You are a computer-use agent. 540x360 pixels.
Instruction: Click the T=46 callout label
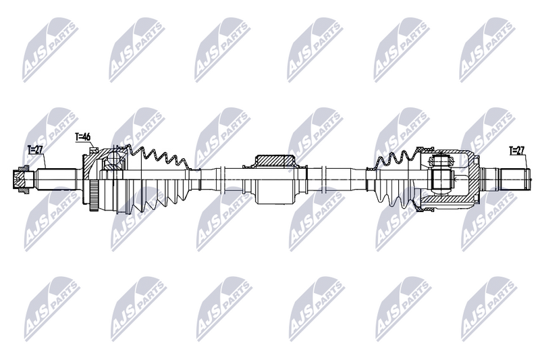82,137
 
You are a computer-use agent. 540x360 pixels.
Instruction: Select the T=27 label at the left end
34,149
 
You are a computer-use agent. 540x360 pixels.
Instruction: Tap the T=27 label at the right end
516,150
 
